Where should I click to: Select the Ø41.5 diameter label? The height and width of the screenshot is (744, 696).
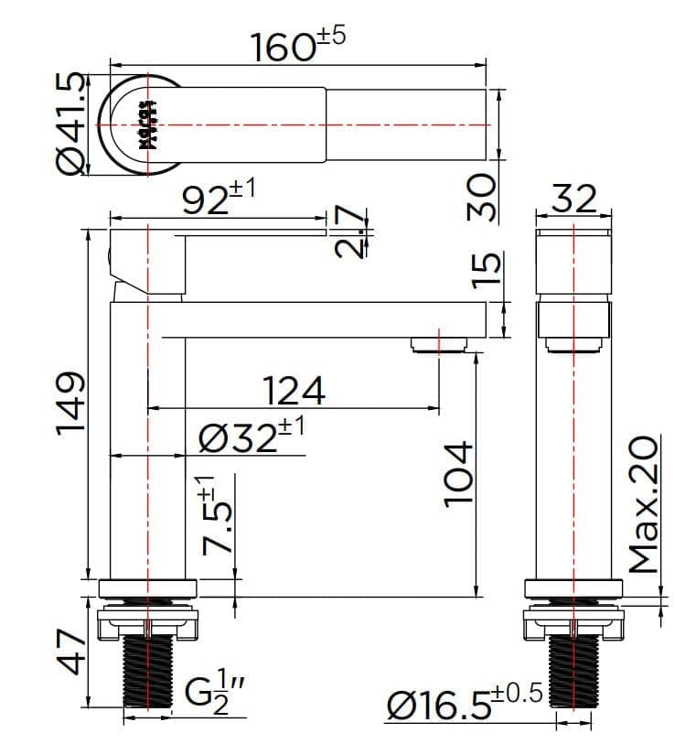(x=70, y=124)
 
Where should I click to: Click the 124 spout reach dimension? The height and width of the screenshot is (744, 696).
(x=294, y=391)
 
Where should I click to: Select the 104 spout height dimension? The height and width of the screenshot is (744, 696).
(x=457, y=472)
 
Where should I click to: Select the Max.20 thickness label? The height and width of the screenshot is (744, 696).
(x=644, y=503)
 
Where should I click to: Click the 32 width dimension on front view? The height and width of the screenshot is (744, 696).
(x=573, y=198)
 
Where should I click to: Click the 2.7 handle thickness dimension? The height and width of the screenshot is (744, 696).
(x=350, y=234)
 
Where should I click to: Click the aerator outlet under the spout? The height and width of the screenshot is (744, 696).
(x=440, y=344)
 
